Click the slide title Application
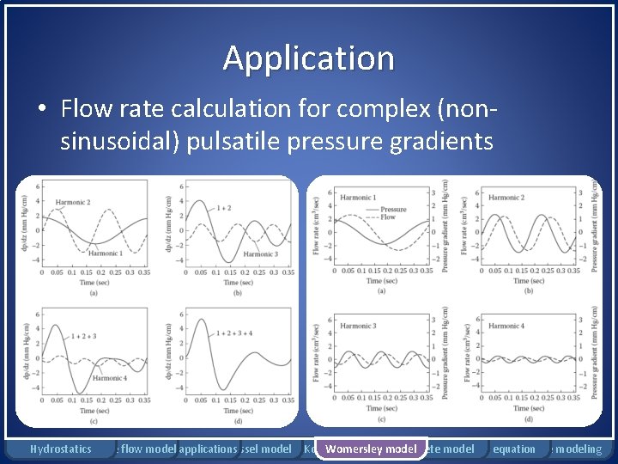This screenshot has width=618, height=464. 309,58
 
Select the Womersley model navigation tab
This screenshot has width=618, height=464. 371,449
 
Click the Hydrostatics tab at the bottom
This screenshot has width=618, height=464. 60,449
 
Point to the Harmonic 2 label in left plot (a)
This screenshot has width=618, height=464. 73,203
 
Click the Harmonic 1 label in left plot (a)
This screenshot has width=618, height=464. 104,253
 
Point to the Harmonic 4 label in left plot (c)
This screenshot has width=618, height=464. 110,378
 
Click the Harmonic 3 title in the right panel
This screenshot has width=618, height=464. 358,326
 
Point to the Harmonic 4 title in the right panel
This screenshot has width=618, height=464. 506,326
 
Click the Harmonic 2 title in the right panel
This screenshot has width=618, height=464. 506,198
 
